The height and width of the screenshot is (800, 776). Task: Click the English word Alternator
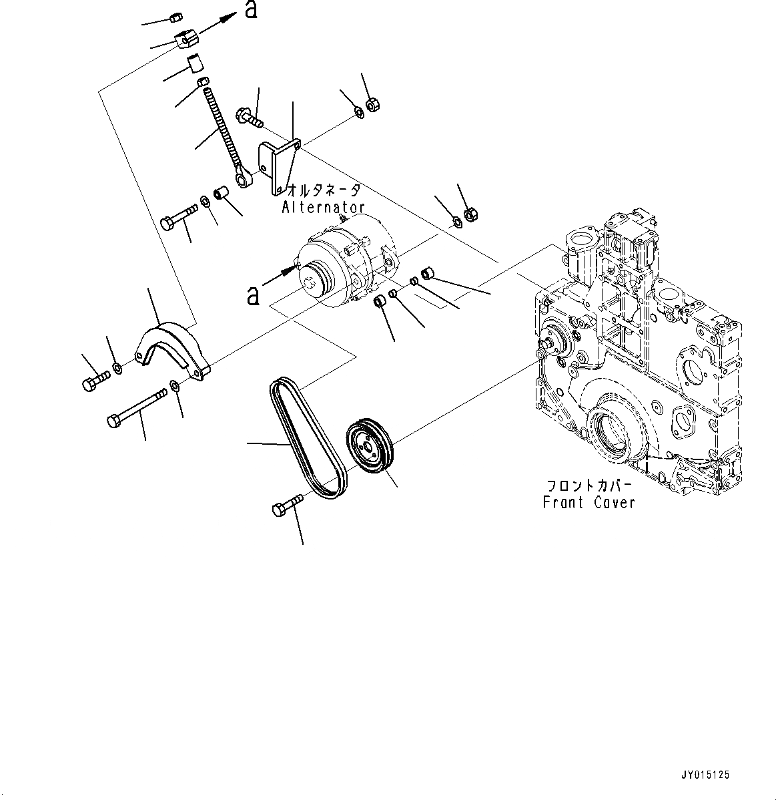pos(323,208)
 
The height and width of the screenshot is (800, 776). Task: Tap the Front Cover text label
pos(589,502)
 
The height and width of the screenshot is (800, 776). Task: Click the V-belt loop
pos(308,438)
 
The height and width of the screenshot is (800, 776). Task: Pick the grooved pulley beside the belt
pos(370,447)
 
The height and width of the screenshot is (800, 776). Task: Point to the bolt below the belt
pos(286,505)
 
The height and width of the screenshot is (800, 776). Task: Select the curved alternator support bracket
pos(171,347)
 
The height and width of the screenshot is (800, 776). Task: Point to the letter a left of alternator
pos(253,294)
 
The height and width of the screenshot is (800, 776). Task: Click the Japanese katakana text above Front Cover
pos(589,485)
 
